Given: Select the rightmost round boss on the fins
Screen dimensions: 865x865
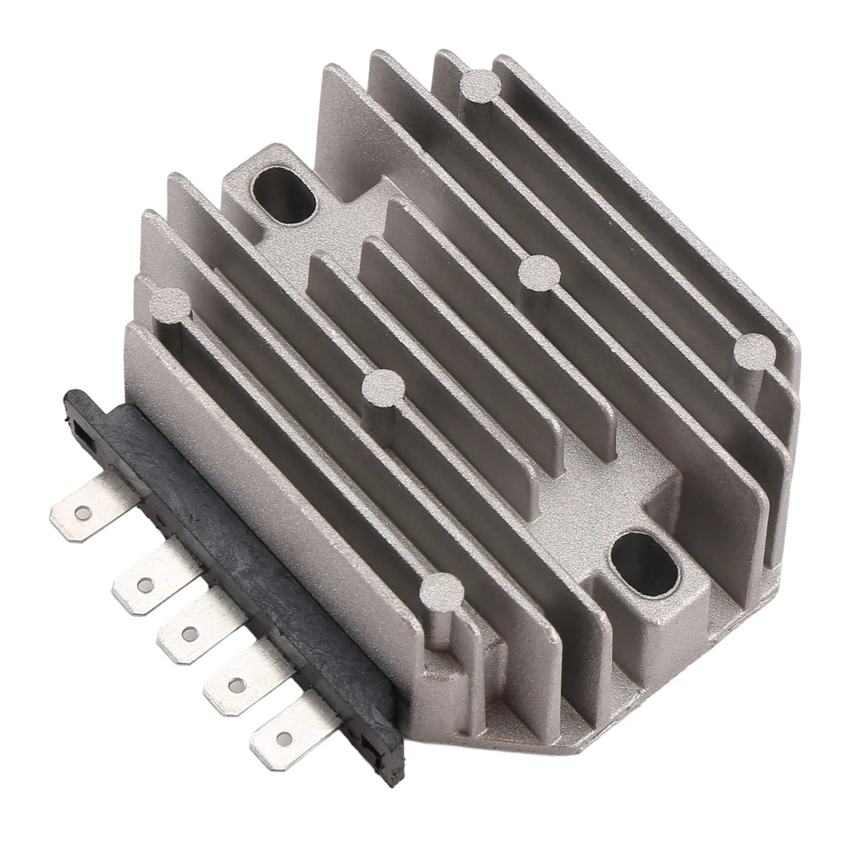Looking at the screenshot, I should click(754, 351).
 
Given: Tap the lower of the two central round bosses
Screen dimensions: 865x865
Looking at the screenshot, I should click(381, 389).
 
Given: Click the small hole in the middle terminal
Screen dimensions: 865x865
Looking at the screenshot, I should click(190, 633).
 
